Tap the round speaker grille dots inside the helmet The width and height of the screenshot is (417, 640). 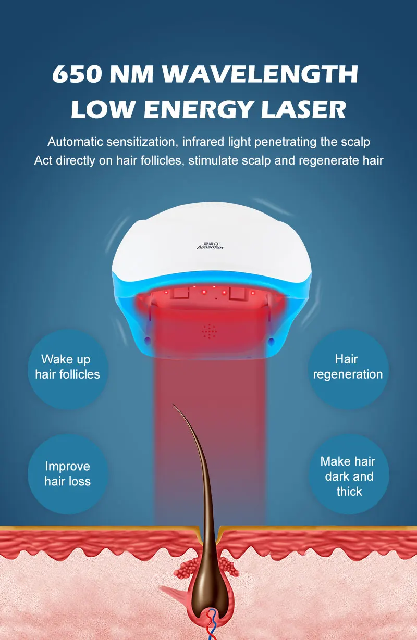(210, 330)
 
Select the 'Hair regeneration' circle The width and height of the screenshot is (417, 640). (348, 367)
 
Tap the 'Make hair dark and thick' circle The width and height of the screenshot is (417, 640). (348, 476)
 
